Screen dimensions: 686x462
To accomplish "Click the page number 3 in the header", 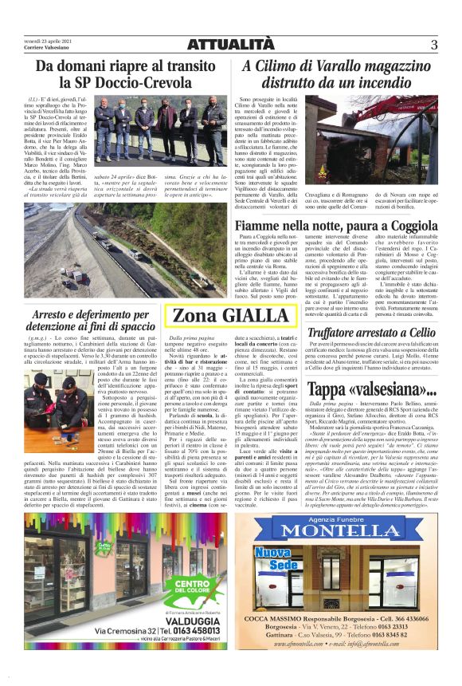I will [x=434, y=45].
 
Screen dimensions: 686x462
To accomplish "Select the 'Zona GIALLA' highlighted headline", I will [x=220, y=316].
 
